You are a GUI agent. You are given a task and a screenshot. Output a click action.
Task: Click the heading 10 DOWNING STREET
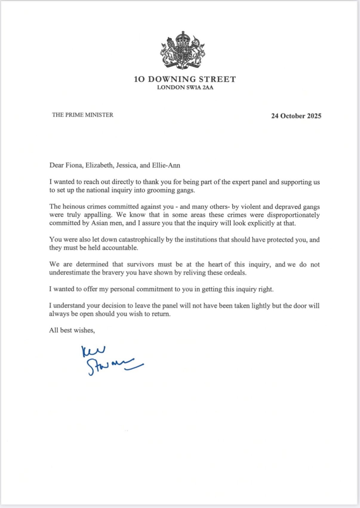(x=185, y=79)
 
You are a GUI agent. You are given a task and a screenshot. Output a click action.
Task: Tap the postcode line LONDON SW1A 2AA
(x=185, y=87)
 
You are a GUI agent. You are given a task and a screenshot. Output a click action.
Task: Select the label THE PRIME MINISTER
(x=83, y=115)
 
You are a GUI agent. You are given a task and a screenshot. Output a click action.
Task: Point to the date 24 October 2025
(x=296, y=116)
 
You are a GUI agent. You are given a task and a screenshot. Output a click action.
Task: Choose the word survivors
(x=140, y=264)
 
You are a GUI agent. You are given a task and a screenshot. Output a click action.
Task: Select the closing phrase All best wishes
(x=72, y=330)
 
